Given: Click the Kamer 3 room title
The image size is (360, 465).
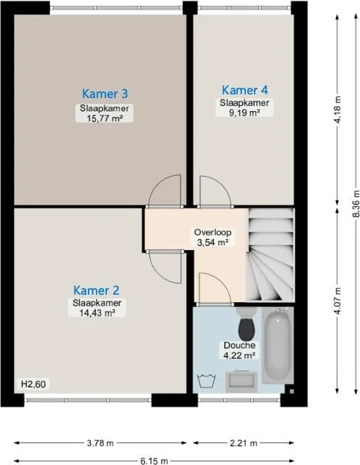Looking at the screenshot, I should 105,94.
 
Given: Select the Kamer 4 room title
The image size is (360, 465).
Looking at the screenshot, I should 244,90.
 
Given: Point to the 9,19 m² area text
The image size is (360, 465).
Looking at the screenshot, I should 244,113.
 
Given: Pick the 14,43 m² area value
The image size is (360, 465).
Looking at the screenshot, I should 96,313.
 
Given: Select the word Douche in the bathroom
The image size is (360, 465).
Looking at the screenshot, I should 239,345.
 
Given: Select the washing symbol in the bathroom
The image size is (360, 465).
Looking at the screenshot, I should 204,379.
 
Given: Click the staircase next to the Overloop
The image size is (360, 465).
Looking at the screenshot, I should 270,256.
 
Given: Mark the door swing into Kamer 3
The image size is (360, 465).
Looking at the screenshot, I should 165,193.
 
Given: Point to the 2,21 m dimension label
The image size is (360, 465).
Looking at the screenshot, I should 244,443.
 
